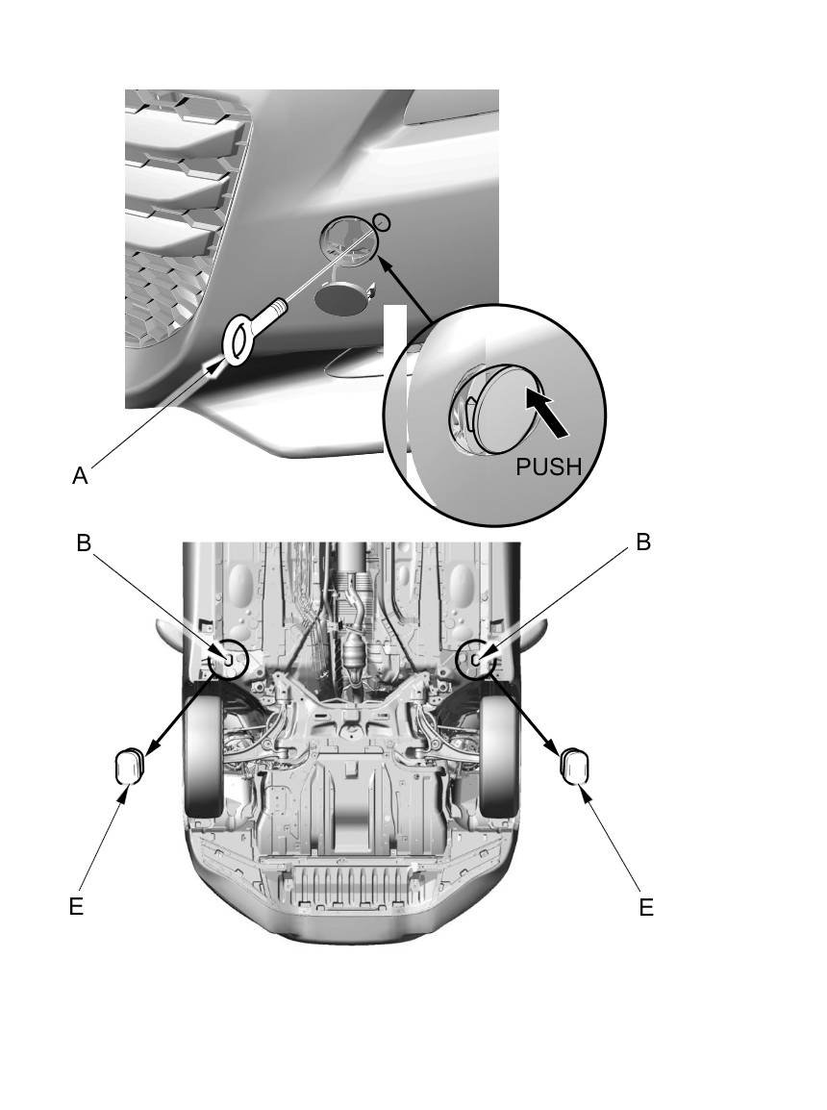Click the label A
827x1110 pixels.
tap(81, 475)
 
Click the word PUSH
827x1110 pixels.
tap(549, 467)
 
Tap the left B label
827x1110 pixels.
tap(84, 542)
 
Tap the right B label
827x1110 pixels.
tap(643, 542)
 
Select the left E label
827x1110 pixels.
tap(76, 906)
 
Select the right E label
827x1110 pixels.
tap(646, 906)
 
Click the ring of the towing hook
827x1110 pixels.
tap(237, 341)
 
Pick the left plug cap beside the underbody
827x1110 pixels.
tap(128, 767)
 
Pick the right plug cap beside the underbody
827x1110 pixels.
tap(574, 767)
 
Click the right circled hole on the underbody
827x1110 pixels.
tap(477, 659)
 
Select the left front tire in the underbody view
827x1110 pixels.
tap(204, 760)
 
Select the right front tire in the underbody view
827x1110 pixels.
tap(501, 760)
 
